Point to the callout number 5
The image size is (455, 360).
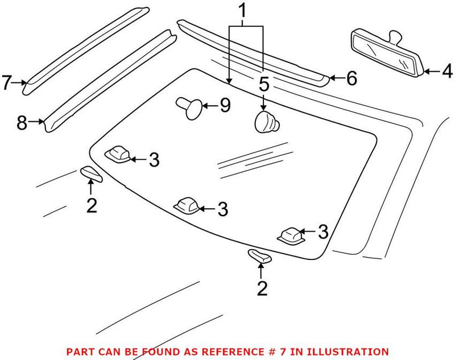point(263,85)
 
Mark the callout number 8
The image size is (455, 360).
point(22,122)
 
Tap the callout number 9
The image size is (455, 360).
point(225,106)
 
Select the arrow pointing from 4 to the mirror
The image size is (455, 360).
point(431,72)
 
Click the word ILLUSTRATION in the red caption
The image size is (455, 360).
point(354,352)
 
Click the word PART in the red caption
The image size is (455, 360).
point(79,352)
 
